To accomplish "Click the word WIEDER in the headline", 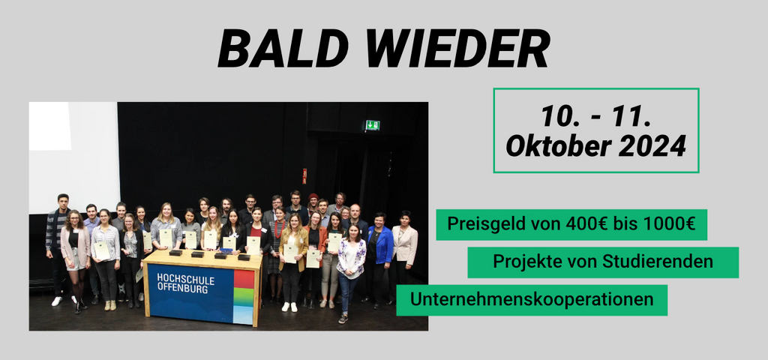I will (x=448, y=49).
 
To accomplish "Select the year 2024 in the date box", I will (x=652, y=145).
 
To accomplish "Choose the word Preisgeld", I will (x=483, y=224).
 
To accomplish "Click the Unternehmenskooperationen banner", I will (x=531, y=300).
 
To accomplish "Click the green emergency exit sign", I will (x=372, y=125).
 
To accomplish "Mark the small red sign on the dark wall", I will (x=304, y=175).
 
